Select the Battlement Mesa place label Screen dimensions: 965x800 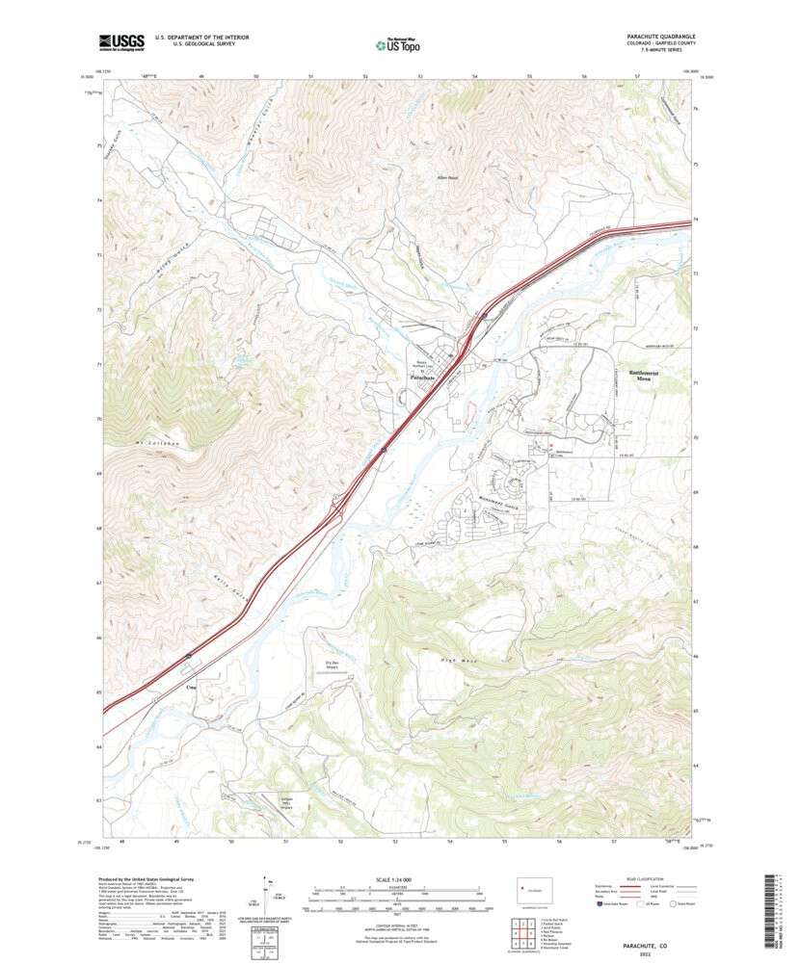(645, 376)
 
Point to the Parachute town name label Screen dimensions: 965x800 (423, 378)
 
